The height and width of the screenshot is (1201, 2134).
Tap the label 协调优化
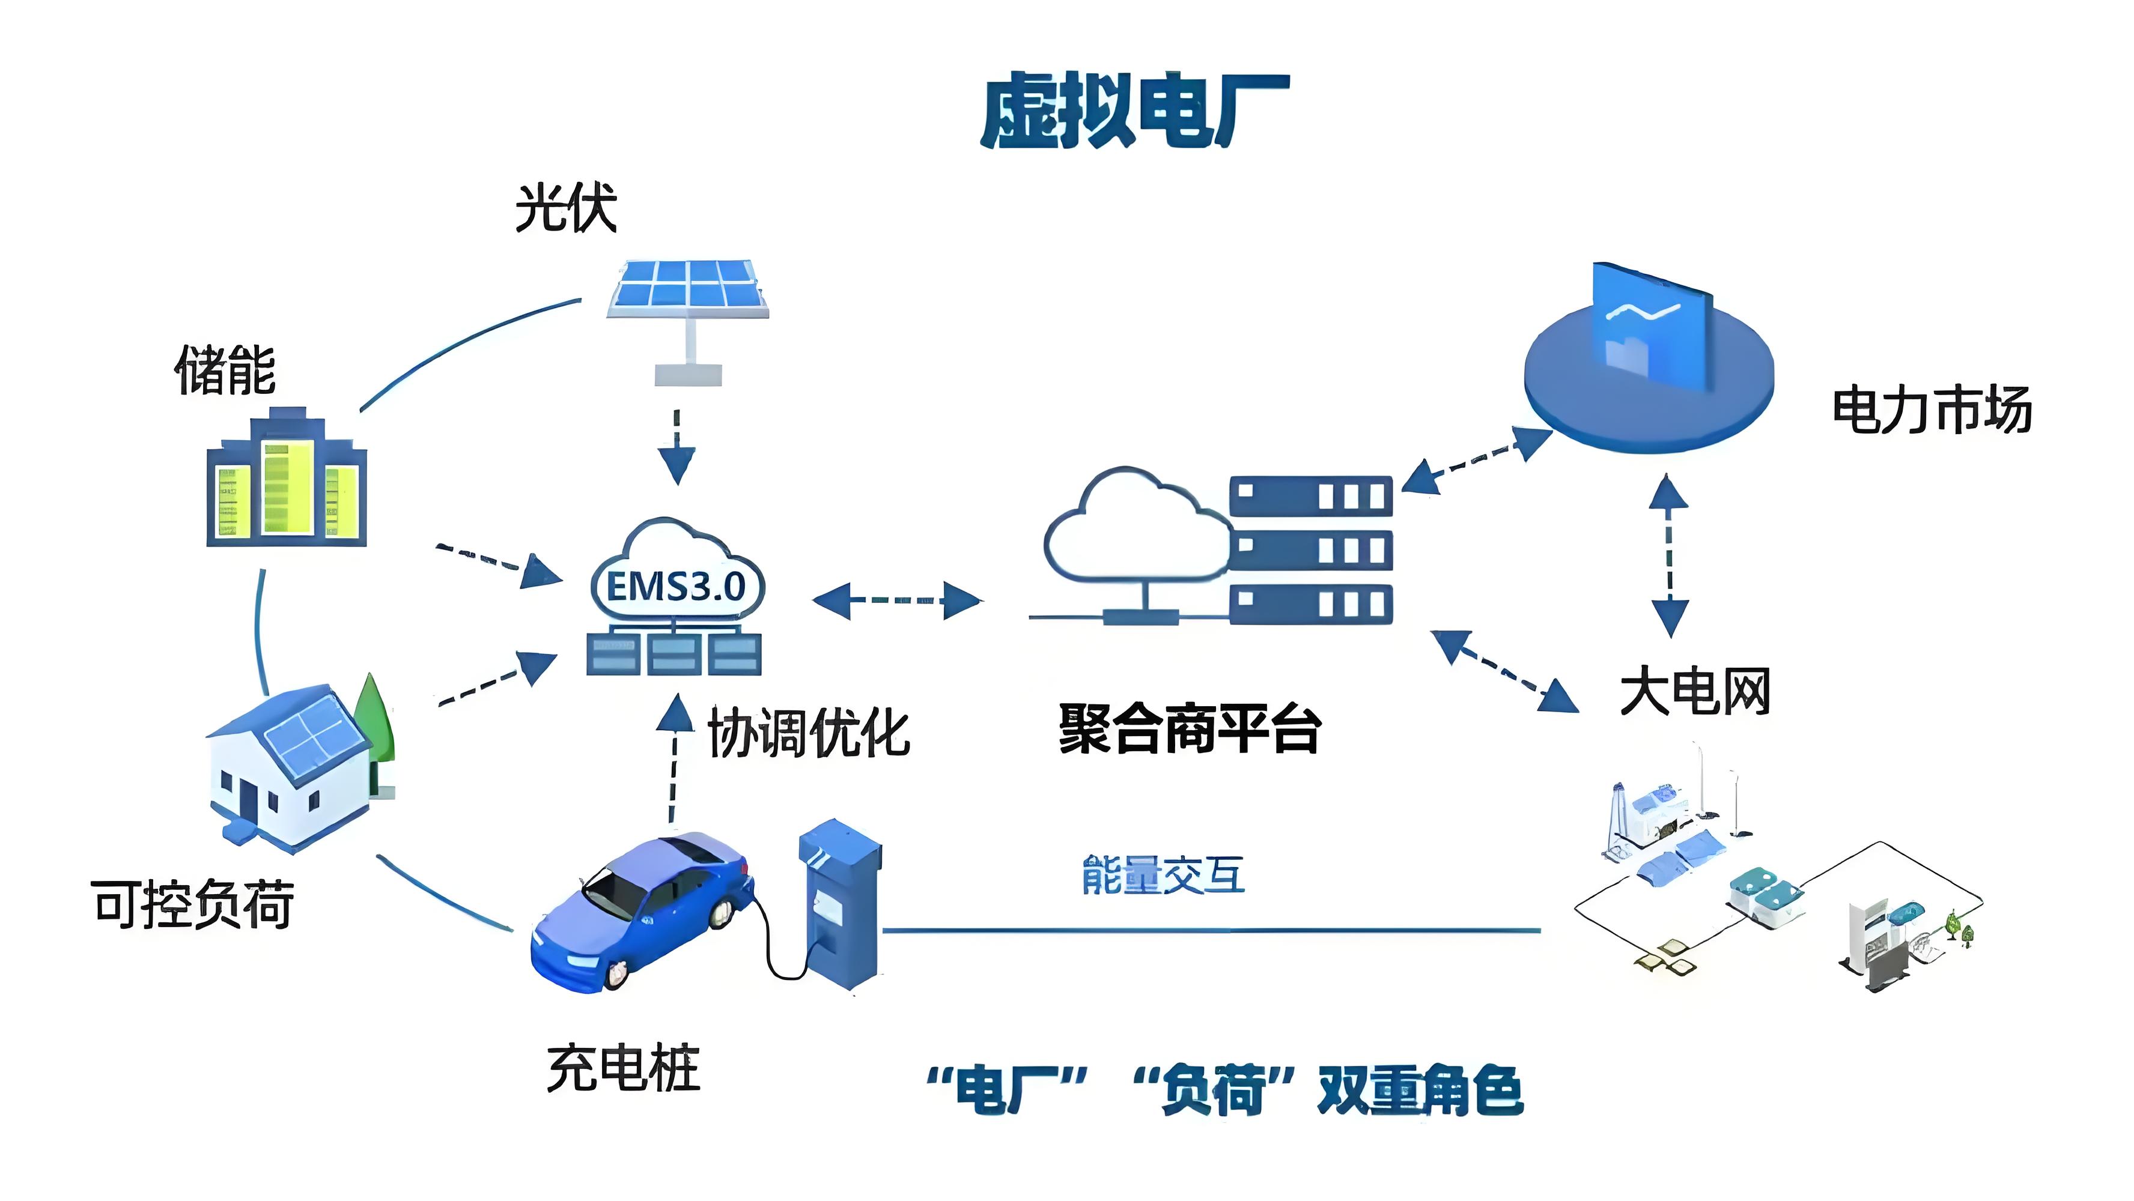click(809, 733)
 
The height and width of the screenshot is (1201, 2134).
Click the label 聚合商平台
click(1190, 729)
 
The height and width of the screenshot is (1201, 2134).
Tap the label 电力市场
click(1931, 410)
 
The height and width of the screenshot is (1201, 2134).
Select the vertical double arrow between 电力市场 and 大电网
click(1668, 555)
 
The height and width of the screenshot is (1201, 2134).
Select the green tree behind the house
click(374, 721)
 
